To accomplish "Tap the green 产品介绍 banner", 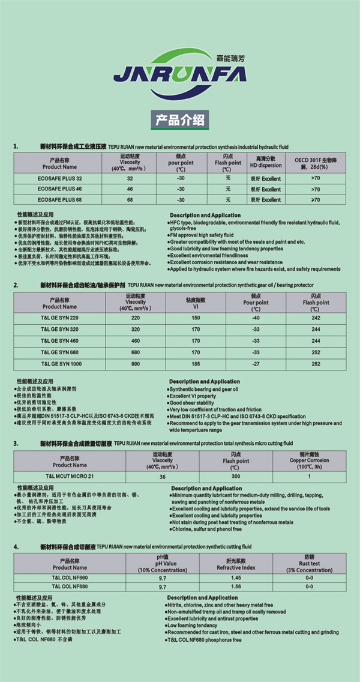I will (x=179, y=118).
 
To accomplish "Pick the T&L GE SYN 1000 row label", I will (x=60, y=363).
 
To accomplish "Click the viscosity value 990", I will (x=135, y=363).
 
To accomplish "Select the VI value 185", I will (x=196, y=363).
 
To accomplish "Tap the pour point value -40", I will (x=256, y=318).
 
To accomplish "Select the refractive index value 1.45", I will (x=236, y=577).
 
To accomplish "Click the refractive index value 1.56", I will (x=236, y=587).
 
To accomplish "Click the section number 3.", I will (x=16, y=444).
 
